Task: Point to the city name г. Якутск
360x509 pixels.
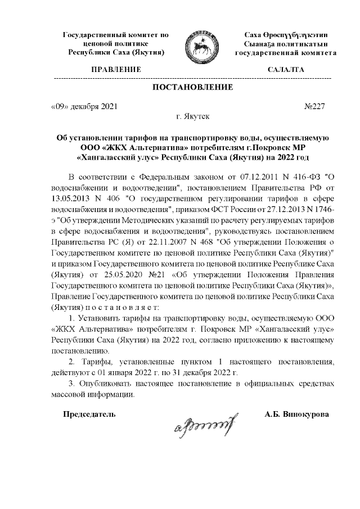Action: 193,118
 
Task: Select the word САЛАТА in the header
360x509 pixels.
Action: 286,70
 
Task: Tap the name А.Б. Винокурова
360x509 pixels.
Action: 297,414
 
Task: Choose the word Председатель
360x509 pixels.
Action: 89,414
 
